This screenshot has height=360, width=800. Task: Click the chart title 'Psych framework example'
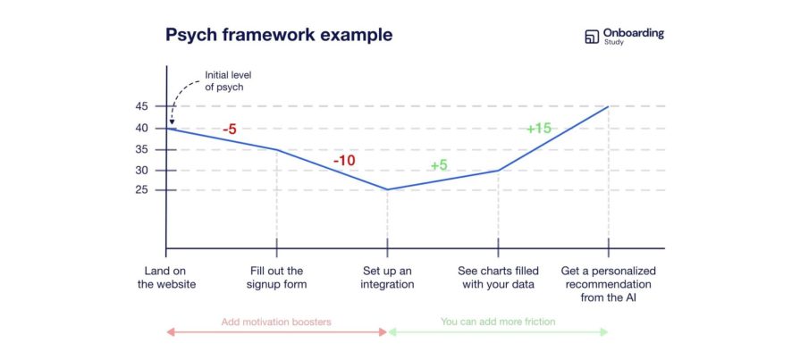[278, 35]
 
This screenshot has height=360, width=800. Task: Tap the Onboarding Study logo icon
[591, 37]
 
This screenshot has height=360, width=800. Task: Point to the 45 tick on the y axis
[142, 106]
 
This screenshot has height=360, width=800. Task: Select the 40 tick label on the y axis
[142, 128]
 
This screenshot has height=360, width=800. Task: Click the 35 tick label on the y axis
[142, 149]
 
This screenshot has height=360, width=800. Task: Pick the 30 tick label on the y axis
[142, 171]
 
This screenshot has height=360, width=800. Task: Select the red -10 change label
[344, 161]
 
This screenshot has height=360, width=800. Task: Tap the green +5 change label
[439, 165]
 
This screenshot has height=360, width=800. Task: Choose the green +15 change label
[538, 129]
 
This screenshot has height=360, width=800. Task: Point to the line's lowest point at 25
[387, 189]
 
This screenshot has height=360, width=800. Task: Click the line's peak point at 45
[609, 106]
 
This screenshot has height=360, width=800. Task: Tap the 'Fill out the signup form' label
[277, 278]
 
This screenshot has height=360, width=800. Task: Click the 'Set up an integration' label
[387, 278]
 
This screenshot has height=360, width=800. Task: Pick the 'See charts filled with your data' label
[497, 278]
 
